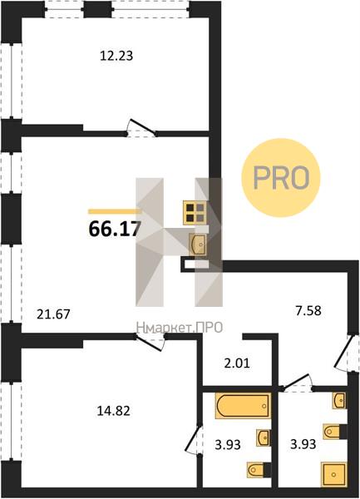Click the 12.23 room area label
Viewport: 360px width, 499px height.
(x=116, y=56)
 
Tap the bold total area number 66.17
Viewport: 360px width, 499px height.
(x=115, y=228)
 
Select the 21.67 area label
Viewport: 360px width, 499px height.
(x=53, y=314)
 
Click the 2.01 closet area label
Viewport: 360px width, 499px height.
(x=237, y=363)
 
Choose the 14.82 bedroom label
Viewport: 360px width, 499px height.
(x=114, y=411)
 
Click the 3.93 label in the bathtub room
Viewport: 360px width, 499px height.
(x=228, y=444)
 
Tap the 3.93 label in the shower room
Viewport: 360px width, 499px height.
(x=303, y=444)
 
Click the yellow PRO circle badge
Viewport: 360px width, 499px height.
(x=280, y=178)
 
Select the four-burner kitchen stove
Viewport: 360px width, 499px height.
(x=195, y=213)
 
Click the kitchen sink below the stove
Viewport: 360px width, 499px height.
(x=198, y=244)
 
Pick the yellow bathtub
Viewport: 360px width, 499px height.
(x=244, y=406)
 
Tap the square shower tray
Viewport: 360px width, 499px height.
(x=333, y=475)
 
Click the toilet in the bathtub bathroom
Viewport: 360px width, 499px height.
(x=259, y=469)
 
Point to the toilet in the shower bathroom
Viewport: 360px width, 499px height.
(x=335, y=432)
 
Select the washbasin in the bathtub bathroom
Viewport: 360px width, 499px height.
(x=264, y=437)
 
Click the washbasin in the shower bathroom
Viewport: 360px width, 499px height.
(x=339, y=400)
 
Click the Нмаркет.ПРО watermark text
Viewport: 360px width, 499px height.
(x=180, y=328)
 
